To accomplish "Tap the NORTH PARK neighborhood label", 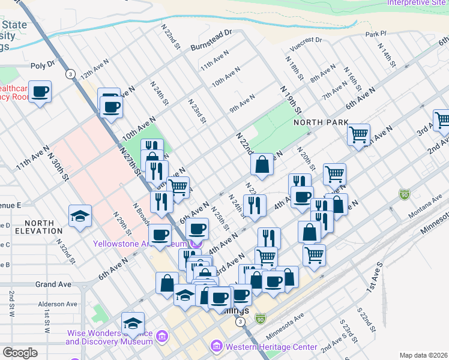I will [321, 122].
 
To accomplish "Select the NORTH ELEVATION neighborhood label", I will [34, 227].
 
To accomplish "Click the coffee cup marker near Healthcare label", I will [40, 92].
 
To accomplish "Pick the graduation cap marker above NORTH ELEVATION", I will [80, 215].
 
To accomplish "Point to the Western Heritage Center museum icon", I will [216, 347].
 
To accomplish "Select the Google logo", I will [20, 353].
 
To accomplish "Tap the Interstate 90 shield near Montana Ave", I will [404, 194].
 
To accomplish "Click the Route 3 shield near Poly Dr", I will [71, 74].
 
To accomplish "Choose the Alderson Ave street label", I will [58, 304].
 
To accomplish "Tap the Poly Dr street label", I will [42, 64].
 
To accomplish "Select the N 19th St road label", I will [290, 99].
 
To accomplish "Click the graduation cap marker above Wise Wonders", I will [133, 323].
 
